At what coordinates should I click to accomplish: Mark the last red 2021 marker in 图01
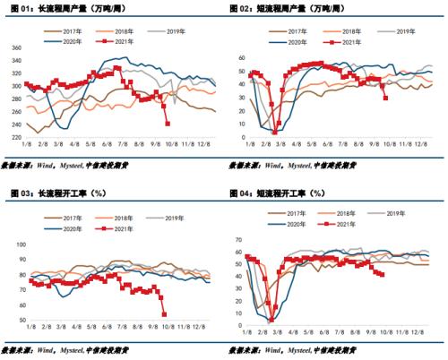[x=168, y=124]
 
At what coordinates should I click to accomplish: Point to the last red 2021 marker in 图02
[x=386, y=97]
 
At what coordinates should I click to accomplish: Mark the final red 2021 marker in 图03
[x=164, y=313]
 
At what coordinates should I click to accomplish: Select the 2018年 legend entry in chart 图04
[x=343, y=214]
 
